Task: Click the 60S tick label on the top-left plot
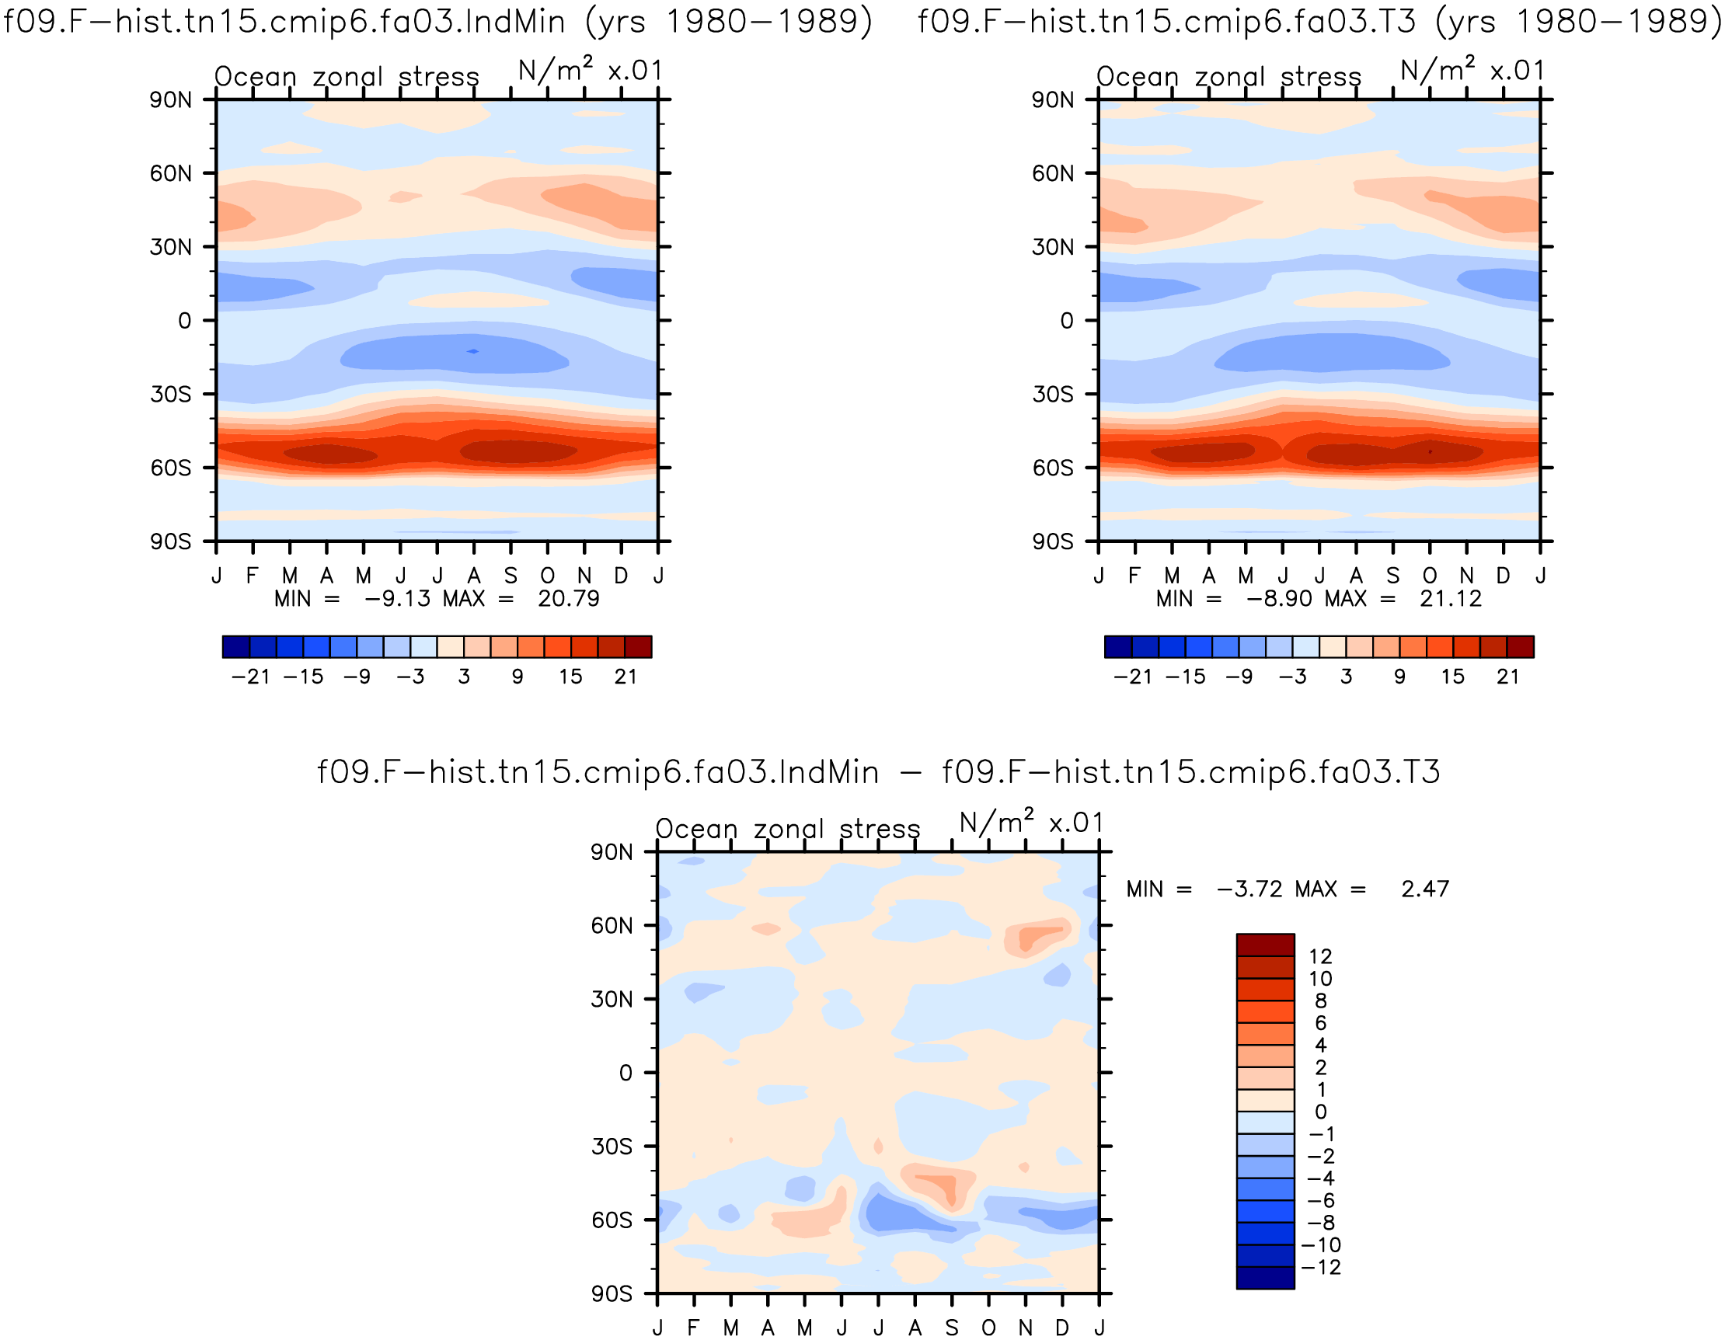(171, 468)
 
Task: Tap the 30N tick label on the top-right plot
(1053, 247)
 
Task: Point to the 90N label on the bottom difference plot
(612, 852)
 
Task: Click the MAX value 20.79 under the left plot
(569, 599)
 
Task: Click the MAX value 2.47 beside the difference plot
(1425, 889)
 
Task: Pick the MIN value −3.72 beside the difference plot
(1249, 889)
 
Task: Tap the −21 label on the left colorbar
(250, 677)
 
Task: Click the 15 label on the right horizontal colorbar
(1452, 677)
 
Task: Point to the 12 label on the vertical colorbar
(1321, 957)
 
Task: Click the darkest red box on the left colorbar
(638, 647)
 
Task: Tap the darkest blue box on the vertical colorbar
(1265, 1278)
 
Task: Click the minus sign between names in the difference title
(911, 772)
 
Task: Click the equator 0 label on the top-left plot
(185, 321)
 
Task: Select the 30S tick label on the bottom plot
(612, 1147)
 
